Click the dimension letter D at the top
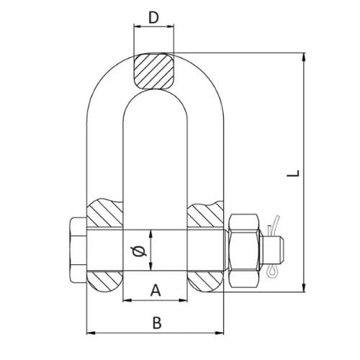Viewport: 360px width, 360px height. (x=153, y=18)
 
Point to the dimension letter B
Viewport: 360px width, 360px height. (x=157, y=323)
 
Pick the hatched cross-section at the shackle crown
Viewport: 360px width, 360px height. (x=153, y=70)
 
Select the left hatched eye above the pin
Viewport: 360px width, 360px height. (x=106, y=215)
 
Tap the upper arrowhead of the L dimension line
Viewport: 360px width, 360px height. (x=302, y=55)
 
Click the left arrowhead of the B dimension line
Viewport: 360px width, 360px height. (x=90, y=333)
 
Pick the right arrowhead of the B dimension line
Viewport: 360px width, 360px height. (x=220, y=333)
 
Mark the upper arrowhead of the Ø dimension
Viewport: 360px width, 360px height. (x=152, y=233)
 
